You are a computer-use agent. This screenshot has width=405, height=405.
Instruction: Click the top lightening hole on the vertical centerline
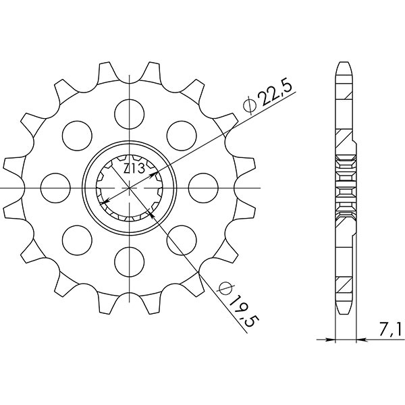click(x=128, y=111)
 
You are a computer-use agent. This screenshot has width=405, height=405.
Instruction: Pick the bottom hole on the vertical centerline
click(x=128, y=261)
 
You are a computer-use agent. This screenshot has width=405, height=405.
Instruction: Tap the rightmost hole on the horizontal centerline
click(x=202, y=186)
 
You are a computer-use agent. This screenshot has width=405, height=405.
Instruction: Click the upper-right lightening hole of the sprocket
click(x=180, y=133)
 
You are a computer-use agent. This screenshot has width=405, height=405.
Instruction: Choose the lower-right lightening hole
click(x=180, y=239)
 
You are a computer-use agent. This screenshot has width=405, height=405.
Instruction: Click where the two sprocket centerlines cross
click(x=128, y=186)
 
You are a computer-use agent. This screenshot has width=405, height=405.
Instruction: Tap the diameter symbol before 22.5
click(x=249, y=105)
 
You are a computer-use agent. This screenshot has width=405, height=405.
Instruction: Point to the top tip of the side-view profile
click(x=343, y=65)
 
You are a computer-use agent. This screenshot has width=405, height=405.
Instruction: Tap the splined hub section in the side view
click(x=344, y=186)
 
